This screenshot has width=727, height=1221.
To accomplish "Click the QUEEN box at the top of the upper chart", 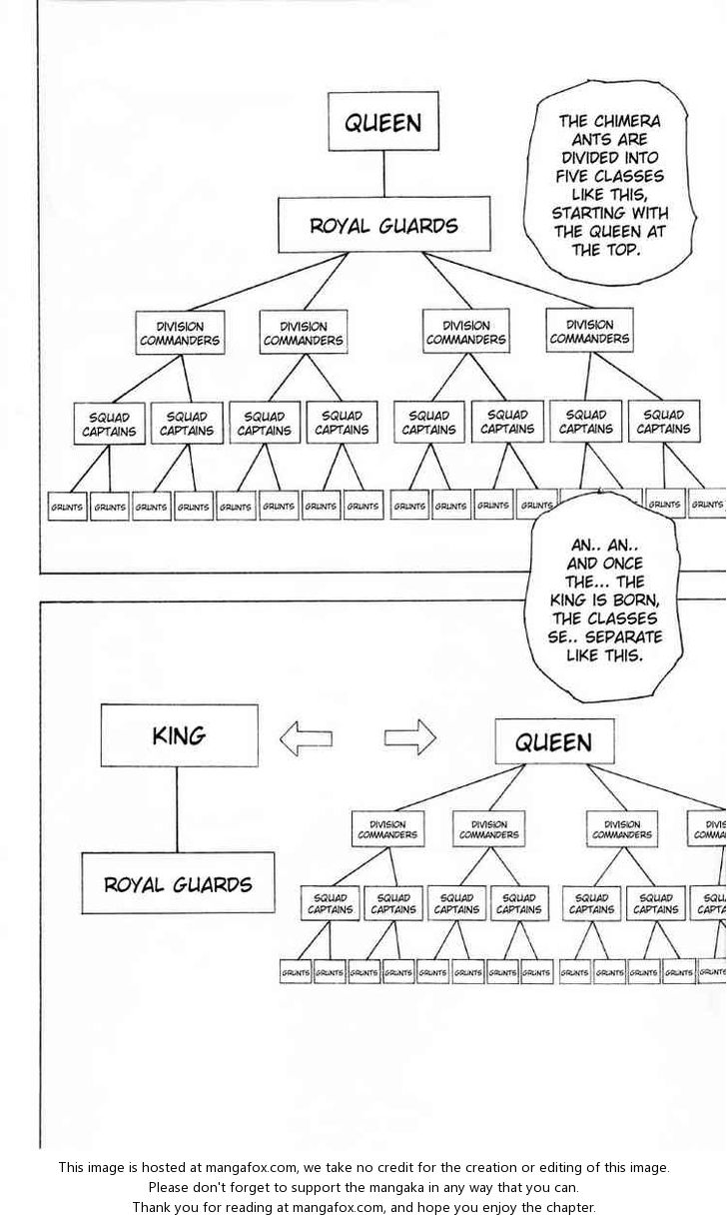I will pyautogui.click(x=382, y=122).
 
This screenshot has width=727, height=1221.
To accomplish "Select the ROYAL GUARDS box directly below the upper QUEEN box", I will pyautogui.click(x=383, y=225).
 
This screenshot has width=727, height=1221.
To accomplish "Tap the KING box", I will pyautogui.click(x=179, y=735).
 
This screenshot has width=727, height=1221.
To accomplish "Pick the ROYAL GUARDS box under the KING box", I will pyautogui.click(x=178, y=883).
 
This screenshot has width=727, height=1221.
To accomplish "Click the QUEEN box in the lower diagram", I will pyautogui.click(x=553, y=742).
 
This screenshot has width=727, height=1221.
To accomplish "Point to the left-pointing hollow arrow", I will pyautogui.click(x=306, y=738).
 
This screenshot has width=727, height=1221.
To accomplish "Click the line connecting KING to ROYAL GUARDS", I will pyautogui.click(x=177, y=809).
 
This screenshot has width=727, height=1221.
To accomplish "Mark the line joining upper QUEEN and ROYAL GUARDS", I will pyautogui.click(x=383, y=174).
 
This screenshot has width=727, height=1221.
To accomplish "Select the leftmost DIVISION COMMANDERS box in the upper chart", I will pyautogui.click(x=180, y=333).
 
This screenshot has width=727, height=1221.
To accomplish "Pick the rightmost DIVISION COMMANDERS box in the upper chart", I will pyautogui.click(x=589, y=332).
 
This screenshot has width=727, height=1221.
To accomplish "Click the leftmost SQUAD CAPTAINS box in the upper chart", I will pyautogui.click(x=109, y=424).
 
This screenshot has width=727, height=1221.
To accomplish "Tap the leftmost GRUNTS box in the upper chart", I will pyautogui.click(x=68, y=507).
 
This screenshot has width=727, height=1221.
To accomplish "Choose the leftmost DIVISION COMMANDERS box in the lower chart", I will pyautogui.click(x=387, y=829).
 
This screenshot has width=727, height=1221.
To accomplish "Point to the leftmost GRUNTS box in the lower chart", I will pyautogui.click(x=296, y=971).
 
